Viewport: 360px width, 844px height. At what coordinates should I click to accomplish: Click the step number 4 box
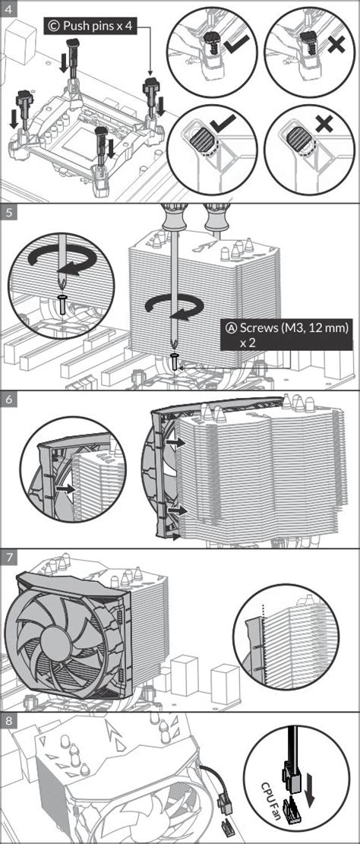8,8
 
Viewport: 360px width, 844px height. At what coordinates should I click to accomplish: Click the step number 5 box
8,211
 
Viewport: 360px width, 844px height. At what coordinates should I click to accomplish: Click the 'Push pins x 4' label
90,25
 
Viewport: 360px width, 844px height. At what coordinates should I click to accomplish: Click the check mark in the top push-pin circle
237,43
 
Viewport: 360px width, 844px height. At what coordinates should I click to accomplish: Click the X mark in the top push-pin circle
336,43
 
